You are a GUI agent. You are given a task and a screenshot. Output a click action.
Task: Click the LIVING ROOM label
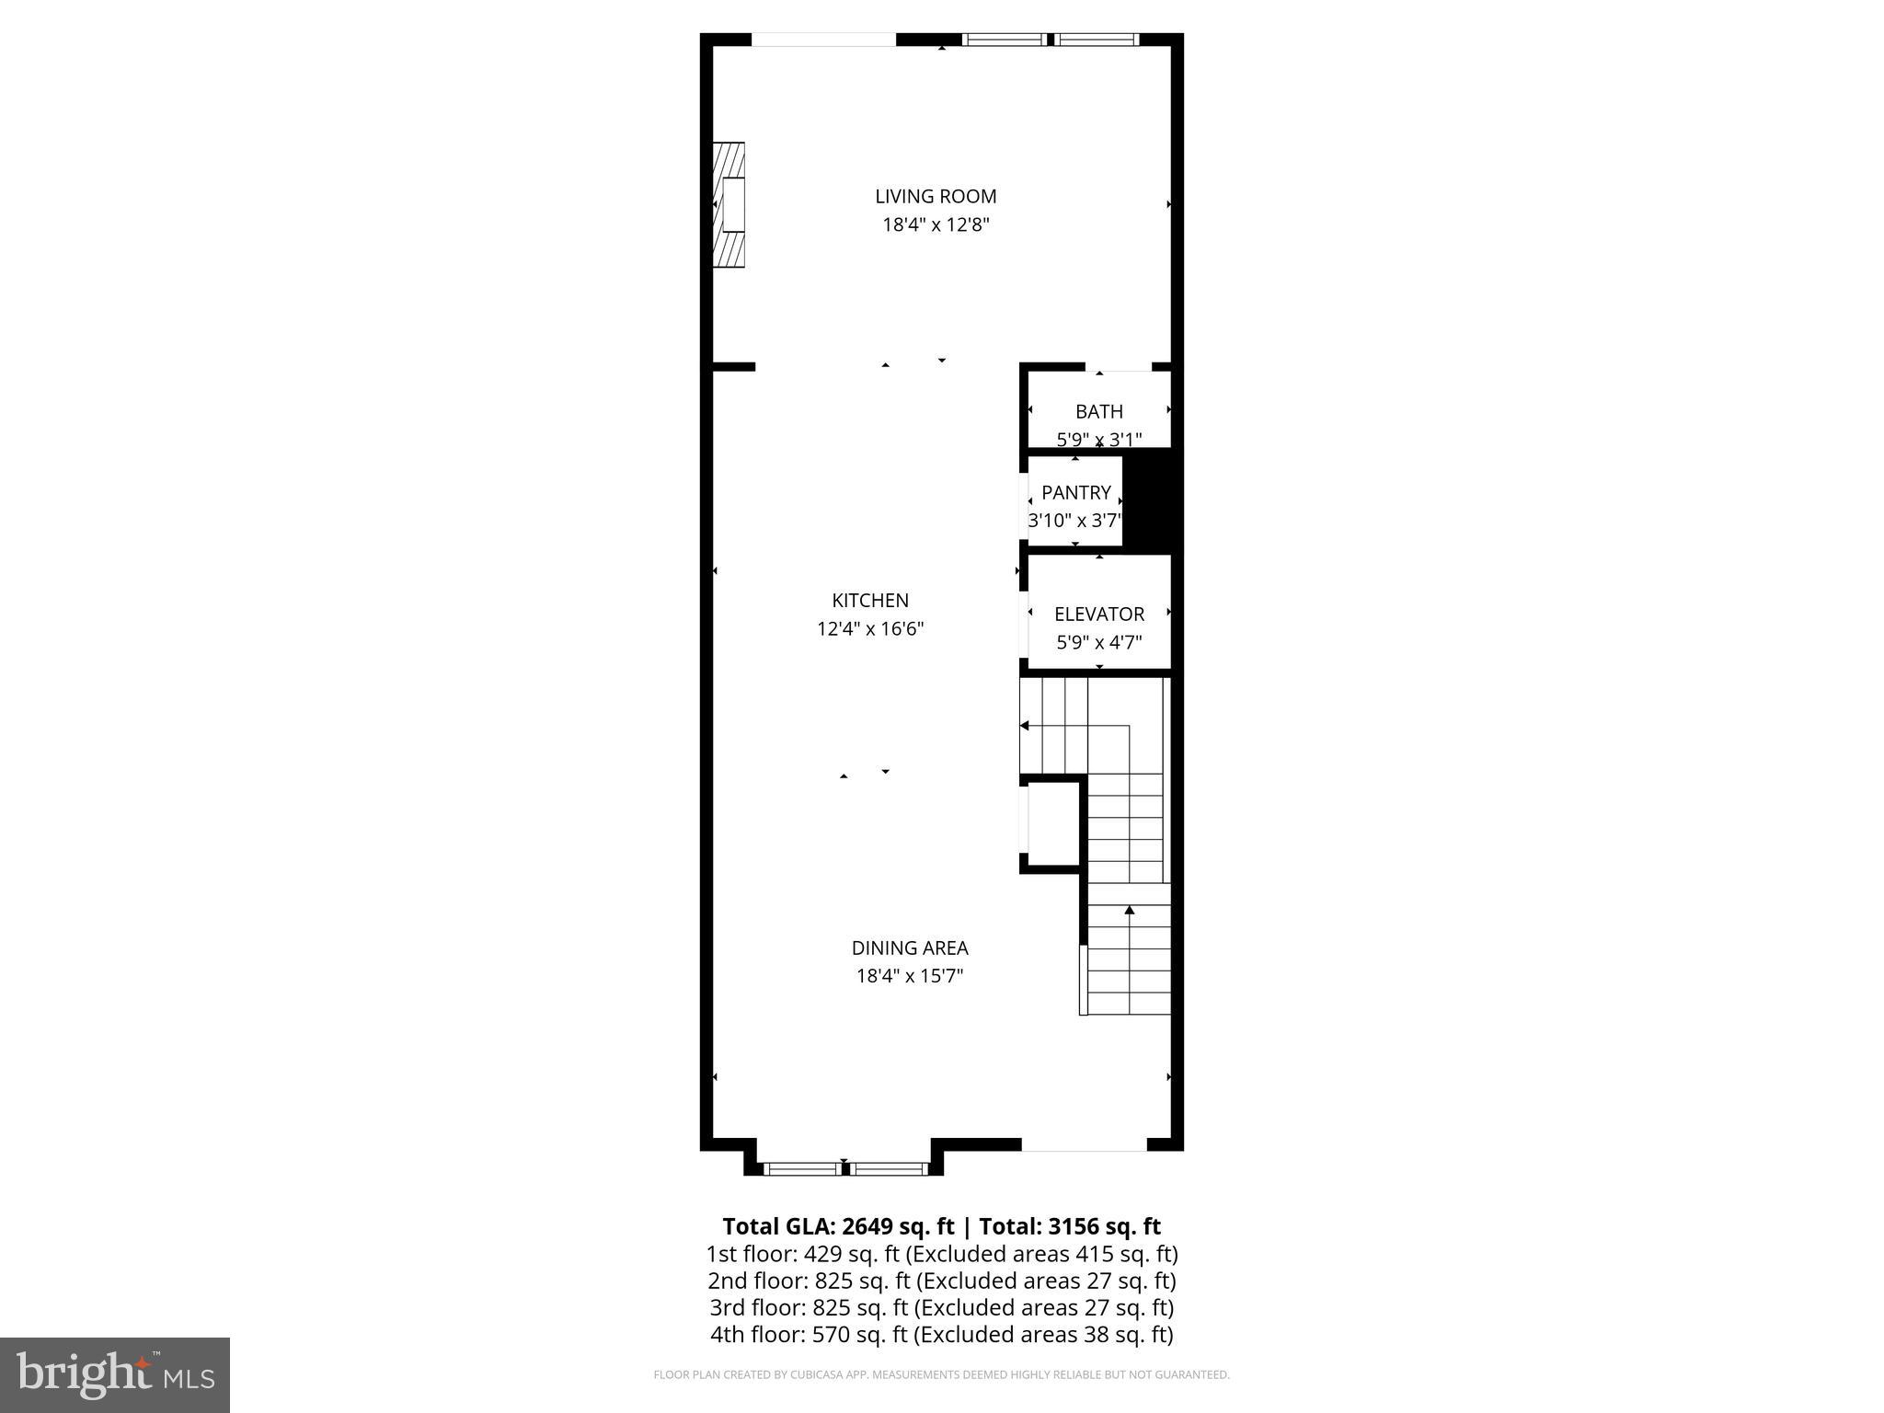[x=936, y=196]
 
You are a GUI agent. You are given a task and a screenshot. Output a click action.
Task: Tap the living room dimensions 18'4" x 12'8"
[x=936, y=224]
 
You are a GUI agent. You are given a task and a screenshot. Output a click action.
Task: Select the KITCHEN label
[x=870, y=601]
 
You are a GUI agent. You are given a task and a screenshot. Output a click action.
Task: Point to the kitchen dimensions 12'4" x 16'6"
[x=870, y=629]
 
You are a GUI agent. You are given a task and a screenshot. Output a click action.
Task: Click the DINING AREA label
[x=910, y=948]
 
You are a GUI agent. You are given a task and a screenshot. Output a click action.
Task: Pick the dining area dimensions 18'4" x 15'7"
[x=910, y=976]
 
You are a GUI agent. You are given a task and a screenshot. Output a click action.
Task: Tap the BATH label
[x=1099, y=411]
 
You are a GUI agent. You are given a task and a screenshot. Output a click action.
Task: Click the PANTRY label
[x=1076, y=492]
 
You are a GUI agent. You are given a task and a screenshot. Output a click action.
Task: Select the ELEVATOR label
[x=1099, y=614]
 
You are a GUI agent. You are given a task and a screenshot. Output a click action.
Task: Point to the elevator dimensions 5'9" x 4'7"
[x=1099, y=642]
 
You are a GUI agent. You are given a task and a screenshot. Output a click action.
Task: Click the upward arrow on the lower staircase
[x=1130, y=911]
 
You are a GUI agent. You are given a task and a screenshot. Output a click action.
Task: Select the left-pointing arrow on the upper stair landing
[x=1025, y=726]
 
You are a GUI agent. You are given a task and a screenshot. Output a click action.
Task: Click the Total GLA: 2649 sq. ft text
[x=839, y=1226]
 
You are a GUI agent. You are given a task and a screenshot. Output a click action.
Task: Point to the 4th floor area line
[x=941, y=1335]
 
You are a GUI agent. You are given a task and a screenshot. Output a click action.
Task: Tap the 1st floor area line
[x=941, y=1254]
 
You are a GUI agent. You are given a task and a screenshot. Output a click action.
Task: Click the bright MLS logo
[x=115, y=1375]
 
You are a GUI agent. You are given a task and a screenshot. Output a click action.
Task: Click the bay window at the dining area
[x=844, y=1169]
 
